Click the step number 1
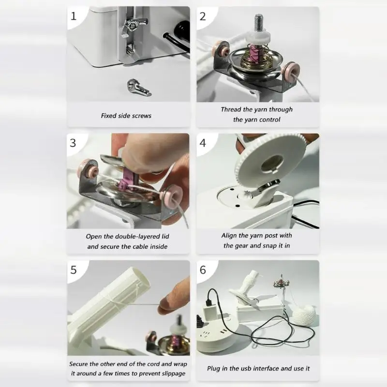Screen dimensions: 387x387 coord(74,16)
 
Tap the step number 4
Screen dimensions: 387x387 coord(203,143)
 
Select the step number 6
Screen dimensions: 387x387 coord(203,270)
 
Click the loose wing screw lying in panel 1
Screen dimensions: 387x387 coord(139,88)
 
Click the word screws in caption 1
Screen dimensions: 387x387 coord(142,116)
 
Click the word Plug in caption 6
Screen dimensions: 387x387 coord(214,369)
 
